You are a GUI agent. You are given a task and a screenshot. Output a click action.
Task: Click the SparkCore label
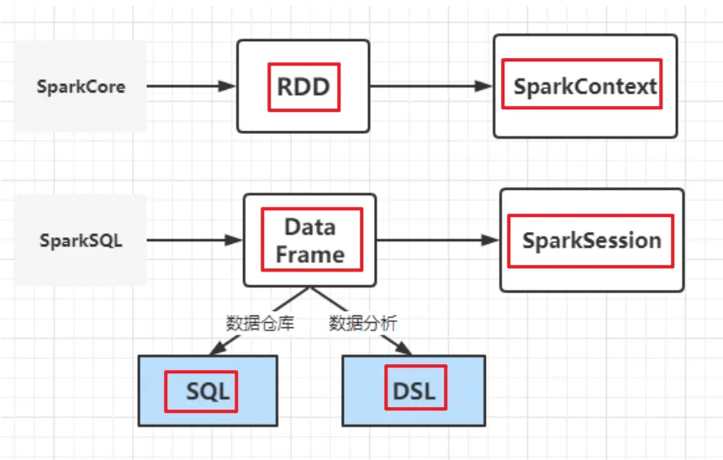81,87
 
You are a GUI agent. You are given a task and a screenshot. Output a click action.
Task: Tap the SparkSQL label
81,241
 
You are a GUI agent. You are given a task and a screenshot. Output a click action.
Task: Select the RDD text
303,87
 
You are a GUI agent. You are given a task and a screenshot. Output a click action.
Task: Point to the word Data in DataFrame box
309,227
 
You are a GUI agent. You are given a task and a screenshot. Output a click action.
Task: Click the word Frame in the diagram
309,255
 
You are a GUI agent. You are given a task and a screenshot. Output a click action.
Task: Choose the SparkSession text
591,241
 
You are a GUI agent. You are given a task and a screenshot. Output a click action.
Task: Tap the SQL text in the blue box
208,391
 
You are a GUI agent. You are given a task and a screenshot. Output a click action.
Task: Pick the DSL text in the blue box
414,392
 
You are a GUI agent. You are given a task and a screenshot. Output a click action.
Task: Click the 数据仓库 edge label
260,323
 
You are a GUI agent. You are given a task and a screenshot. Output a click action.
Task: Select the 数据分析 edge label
362,323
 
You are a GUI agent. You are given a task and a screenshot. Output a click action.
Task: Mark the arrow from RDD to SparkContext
429,86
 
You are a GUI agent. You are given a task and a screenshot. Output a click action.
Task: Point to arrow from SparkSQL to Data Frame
193,241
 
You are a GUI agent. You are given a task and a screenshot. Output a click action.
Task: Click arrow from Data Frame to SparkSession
437,241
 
